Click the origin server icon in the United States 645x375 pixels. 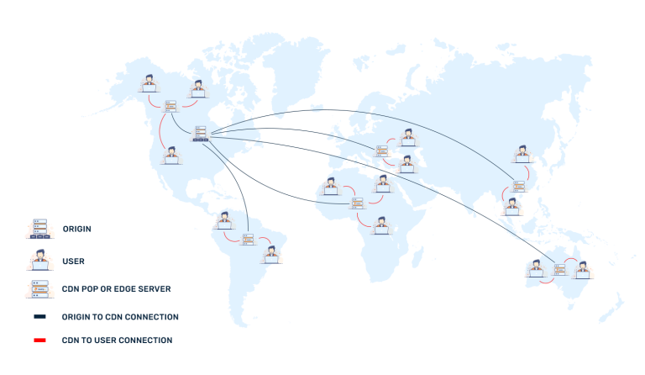click(x=201, y=133)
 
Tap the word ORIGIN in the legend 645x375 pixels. click(x=76, y=229)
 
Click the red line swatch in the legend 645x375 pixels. click(x=40, y=340)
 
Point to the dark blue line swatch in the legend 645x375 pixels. click(x=40, y=317)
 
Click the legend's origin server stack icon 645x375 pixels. click(x=39, y=229)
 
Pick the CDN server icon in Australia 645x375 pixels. click(x=559, y=269)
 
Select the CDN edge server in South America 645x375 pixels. click(x=248, y=240)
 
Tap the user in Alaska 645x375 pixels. click(x=149, y=82)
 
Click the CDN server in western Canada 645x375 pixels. click(x=170, y=107)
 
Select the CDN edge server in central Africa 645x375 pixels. click(x=358, y=202)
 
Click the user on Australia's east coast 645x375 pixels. click(x=582, y=270)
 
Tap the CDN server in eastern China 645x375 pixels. click(x=518, y=186)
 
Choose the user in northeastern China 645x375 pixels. click(x=522, y=154)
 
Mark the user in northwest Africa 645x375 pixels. click(x=331, y=187)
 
